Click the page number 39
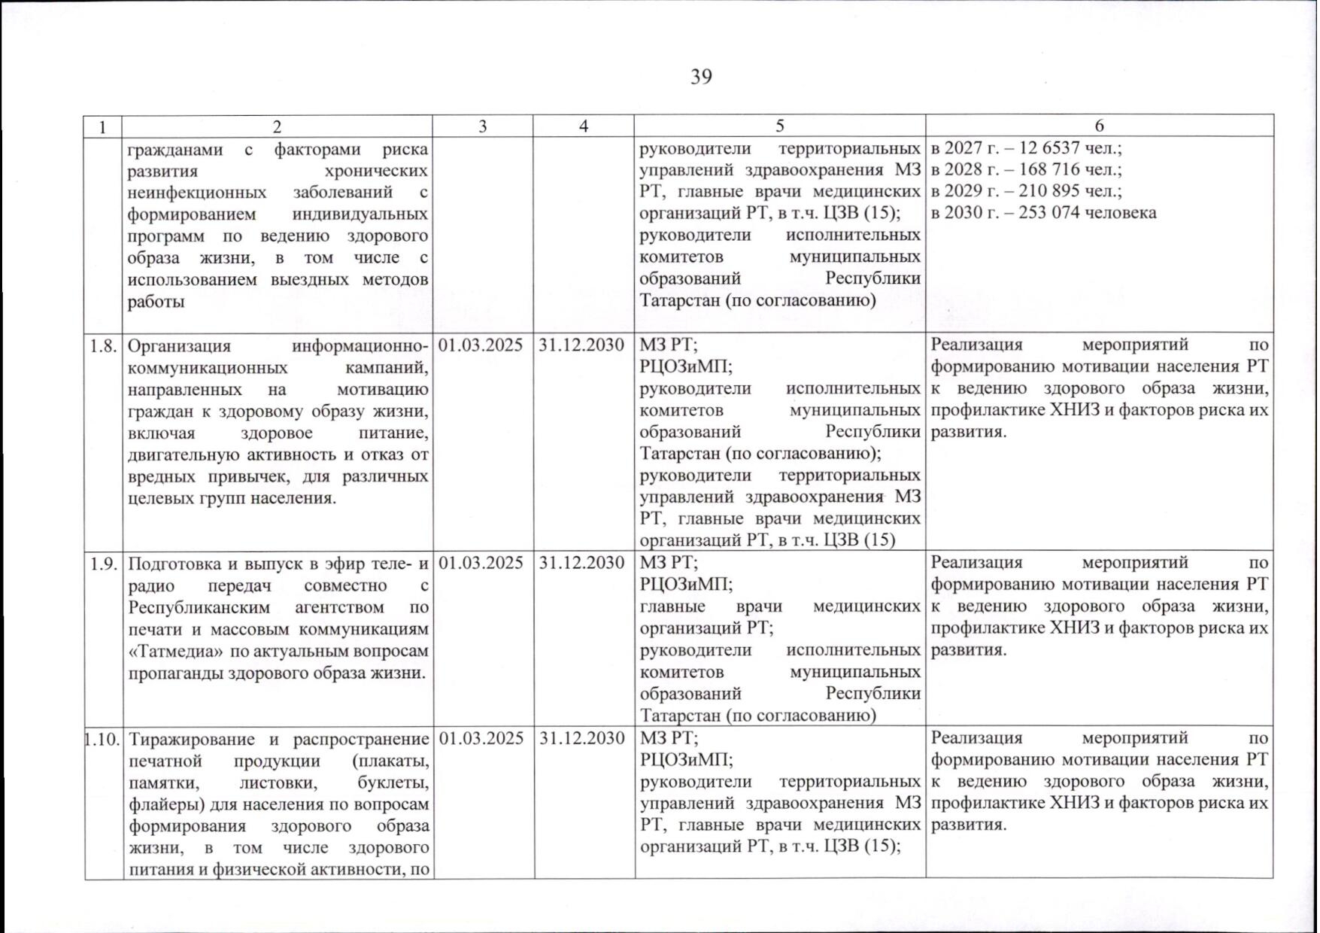[x=700, y=77]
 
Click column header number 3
[x=482, y=126]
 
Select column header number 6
[x=1099, y=126]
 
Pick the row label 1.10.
[x=103, y=739]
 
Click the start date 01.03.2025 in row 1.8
[x=481, y=345]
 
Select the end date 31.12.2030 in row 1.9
[x=582, y=563]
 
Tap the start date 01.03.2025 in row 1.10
[x=481, y=738]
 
